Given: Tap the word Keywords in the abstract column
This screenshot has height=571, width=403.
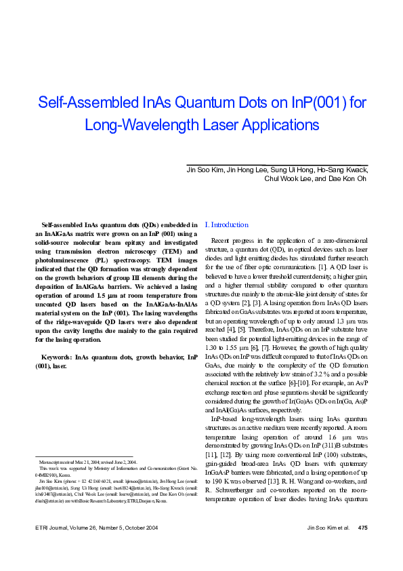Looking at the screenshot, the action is coord(56,356).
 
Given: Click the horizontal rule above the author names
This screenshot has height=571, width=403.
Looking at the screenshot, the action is coord(277,163).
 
